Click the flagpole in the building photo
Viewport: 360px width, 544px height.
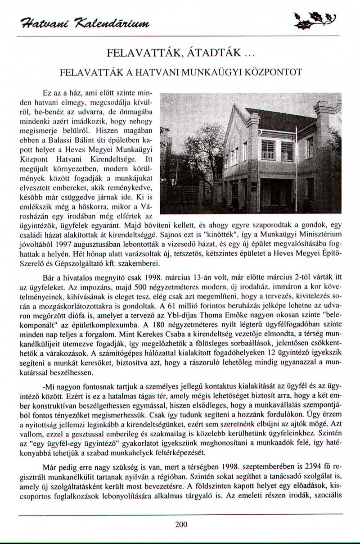click(x=296, y=171)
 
